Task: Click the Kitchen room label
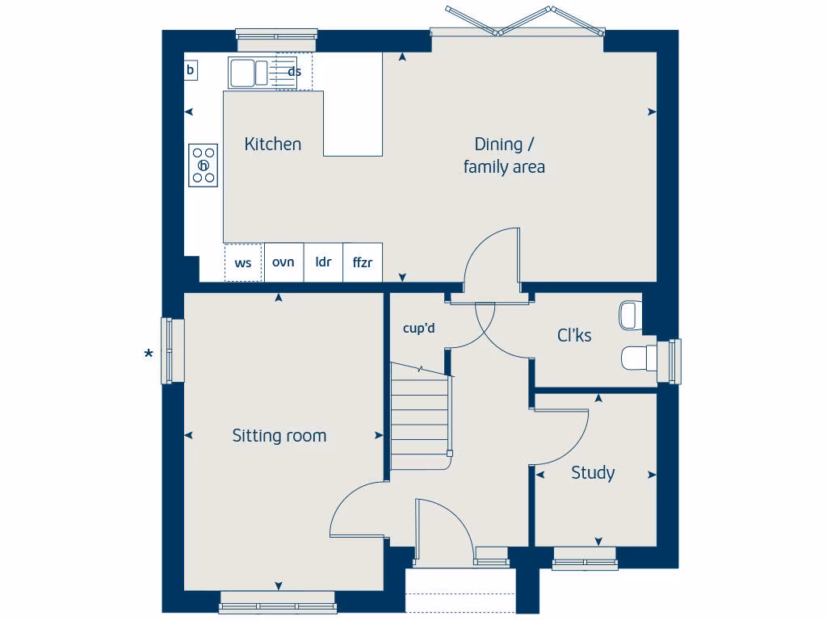pyautogui.click(x=273, y=144)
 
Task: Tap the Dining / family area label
pyautogui.click(x=504, y=156)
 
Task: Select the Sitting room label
pyautogui.click(x=279, y=436)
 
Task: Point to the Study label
pyautogui.click(x=593, y=473)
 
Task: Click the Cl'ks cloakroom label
pyautogui.click(x=574, y=335)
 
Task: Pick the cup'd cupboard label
pyautogui.click(x=419, y=328)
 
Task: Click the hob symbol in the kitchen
pyautogui.click(x=204, y=165)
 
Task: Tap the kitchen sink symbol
pyautogui.click(x=248, y=73)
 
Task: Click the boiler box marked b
pyautogui.click(x=191, y=70)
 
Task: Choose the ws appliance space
pyautogui.click(x=243, y=263)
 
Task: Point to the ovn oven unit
pyautogui.click(x=283, y=262)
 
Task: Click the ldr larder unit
pyautogui.click(x=323, y=262)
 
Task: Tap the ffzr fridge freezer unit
pyautogui.click(x=363, y=262)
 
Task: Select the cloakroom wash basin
pyautogui.click(x=630, y=315)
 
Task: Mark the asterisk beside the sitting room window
pyautogui.click(x=149, y=354)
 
